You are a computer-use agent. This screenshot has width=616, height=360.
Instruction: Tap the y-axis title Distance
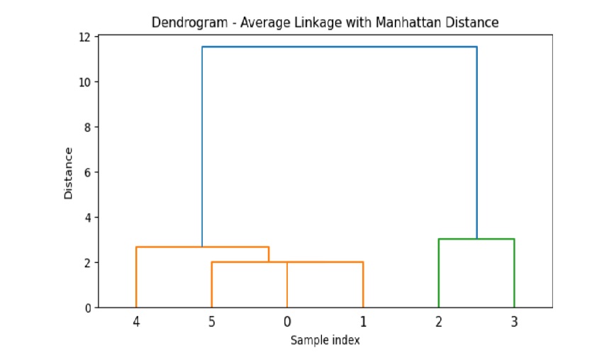coord(69,173)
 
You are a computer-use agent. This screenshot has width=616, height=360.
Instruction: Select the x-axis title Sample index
coord(325,340)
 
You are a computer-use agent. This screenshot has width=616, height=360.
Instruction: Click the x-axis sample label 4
coord(136,322)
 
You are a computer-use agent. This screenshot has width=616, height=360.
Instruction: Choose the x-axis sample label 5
coord(211,322)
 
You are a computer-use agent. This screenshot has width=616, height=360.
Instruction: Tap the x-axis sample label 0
coord(287,322)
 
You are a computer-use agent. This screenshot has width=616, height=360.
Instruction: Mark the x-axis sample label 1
coord(363,322)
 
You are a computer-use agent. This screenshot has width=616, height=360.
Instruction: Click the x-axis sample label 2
coord(438,322)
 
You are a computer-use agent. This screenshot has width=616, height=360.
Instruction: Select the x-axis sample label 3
coord(514,322)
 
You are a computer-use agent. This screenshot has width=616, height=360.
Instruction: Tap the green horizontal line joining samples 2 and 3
coord(476,239)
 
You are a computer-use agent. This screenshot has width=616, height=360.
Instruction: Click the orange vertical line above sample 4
coord(136,276)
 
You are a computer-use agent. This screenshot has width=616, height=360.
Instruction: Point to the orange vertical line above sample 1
coord(363,283)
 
